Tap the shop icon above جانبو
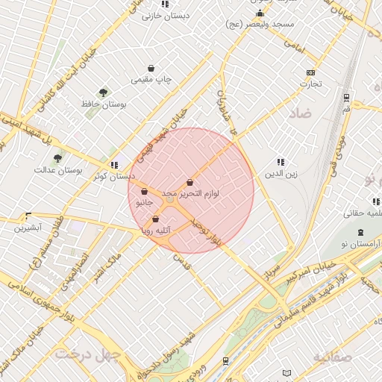pyautogui.click(x=143, y=192)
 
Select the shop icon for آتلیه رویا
pyautogui.click(x=155, y=219)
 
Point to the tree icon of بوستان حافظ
pyautogui.click(x=103, y=93)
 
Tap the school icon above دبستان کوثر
pyautogui.click(x=113, y=165)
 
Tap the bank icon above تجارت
pyautogui.click(x=310, y=72)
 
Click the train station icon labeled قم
pyautogui.click(x=347, y=98)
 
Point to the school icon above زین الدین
pyautogui.click(x=281, y=162)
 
